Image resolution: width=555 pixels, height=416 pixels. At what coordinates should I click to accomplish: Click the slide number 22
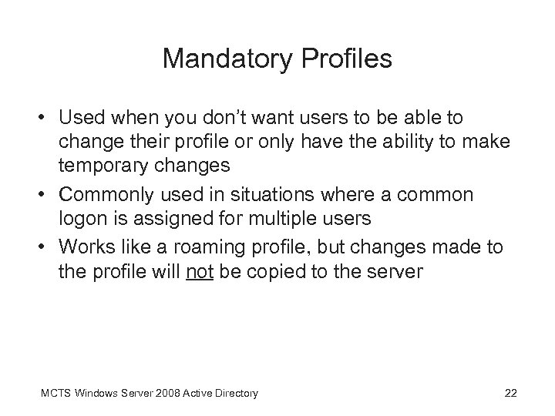(x=510, y=394)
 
